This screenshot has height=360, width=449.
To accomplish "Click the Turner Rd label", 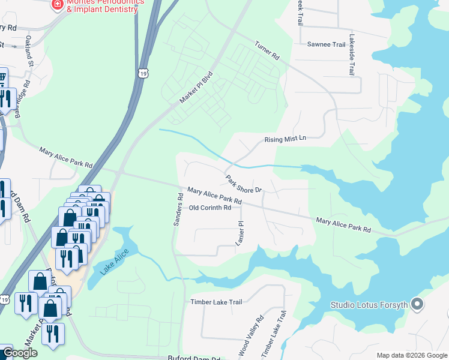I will [267, 50].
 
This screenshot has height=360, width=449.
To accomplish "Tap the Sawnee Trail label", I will [327, 44].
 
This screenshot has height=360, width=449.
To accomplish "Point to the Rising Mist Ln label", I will [286, 139].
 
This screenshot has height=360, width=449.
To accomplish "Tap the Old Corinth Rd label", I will [210, 208].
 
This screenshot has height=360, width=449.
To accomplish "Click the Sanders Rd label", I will [178, 209].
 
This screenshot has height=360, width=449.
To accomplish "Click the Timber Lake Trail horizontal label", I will [216, 302].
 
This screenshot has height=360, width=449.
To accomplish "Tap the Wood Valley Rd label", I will [250, 338].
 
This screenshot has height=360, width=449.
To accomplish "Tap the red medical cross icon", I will [58, 5].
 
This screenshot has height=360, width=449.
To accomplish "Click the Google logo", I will [19, 353].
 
